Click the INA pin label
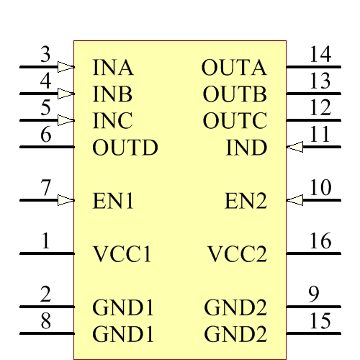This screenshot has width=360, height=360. (x=113, y=68)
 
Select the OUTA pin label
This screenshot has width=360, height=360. (x=234, y=68)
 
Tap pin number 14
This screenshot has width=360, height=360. (x=320, y=54)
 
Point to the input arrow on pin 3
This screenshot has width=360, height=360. (x=66, y=67)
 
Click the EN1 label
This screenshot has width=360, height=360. (x=113, y=201)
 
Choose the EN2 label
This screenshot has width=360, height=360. (x=246, y=201)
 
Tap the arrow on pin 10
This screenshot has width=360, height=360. (x=294, y=199)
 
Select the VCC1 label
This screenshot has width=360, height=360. (x=122, y=255)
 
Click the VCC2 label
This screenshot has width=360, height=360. (x=237, y=255)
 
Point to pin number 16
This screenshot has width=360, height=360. (x=320, y=241)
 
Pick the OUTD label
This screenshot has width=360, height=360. (x=125, y=148)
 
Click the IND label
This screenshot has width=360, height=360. (x=246, y=148)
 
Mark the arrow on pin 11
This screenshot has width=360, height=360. (x=294, y=147)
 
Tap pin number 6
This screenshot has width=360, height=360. (x=46, y=135)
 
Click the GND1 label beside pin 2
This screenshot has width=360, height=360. (x=123, y=308)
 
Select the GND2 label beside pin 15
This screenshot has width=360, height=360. (x=235, y=335)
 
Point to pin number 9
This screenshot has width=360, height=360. (x=313, y=294)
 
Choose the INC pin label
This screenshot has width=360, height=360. (x=113, y=121)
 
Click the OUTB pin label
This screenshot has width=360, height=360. (x=235, y=95)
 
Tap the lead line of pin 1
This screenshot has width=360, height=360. (x=46, y=253)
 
